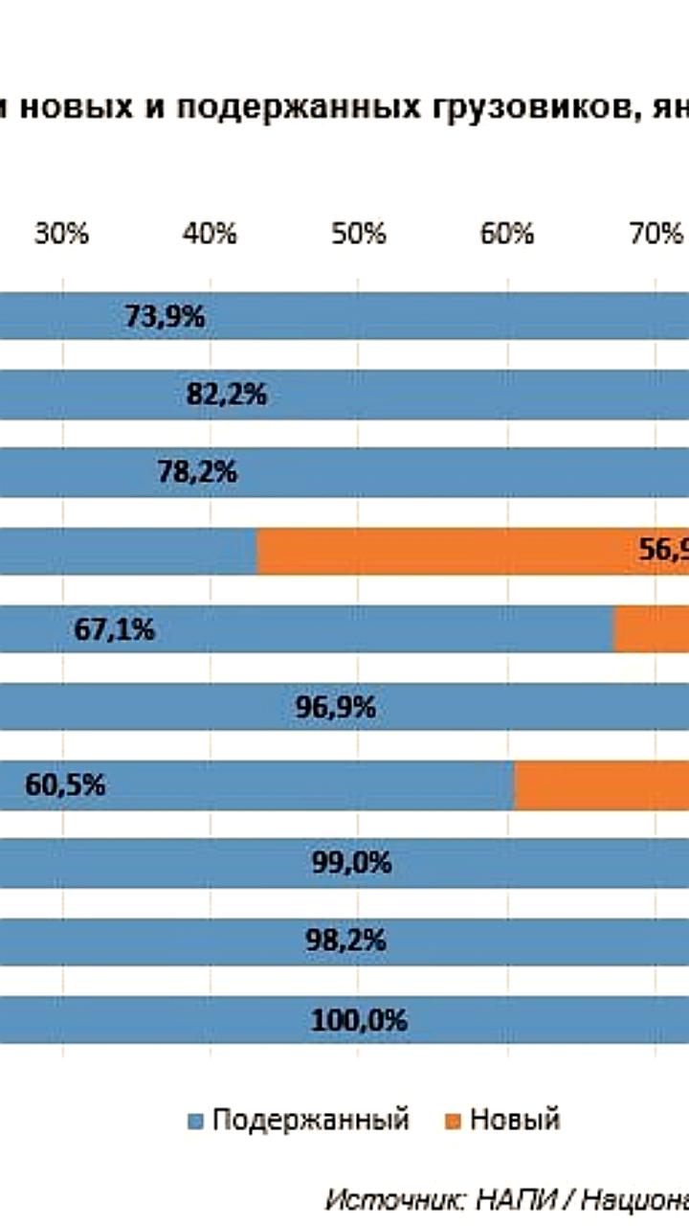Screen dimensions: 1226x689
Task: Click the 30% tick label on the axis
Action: point(62,234)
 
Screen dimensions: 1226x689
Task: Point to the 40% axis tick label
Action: point(211,234)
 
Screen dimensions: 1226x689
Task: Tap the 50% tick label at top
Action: point(359,234)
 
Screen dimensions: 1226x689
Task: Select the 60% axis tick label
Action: point(507,234)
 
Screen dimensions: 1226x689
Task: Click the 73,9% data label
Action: point(165,317)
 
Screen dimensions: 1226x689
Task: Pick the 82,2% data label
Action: point(226,395)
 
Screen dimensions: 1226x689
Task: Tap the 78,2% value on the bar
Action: point(198,473)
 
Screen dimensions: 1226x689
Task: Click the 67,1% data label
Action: point(114,630)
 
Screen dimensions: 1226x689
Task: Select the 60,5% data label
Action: point(64,786)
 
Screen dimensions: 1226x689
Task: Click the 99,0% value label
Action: point(351,864)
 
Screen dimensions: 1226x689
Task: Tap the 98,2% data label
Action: point(345,942)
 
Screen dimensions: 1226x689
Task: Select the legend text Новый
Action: point(515,1120)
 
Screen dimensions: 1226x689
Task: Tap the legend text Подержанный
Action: point(310,1120)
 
